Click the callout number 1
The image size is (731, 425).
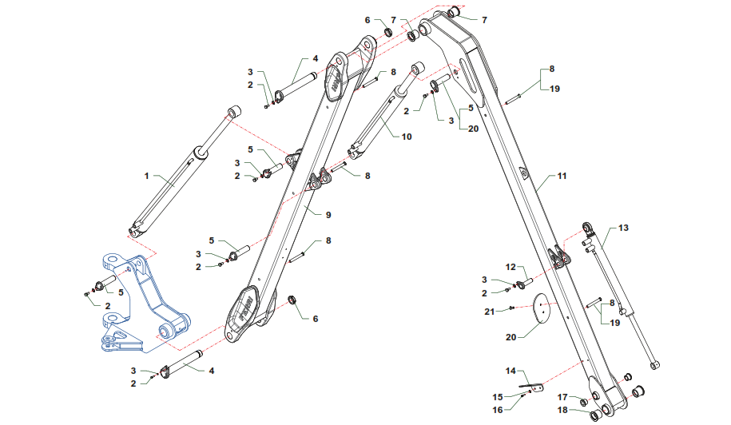pyautogui.click(x=146, y=174)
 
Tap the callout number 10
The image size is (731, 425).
pyautogui.click(x=407, y=137)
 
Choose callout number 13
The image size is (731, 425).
pyautogui.click(x=623, y=228)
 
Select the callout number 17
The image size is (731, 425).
pyautogui.click(x=562, y=397)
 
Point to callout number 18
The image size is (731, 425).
pyautogui.click(x=562, y=410)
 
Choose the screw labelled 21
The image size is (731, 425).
pyautogui.click(x=510, y=308)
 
